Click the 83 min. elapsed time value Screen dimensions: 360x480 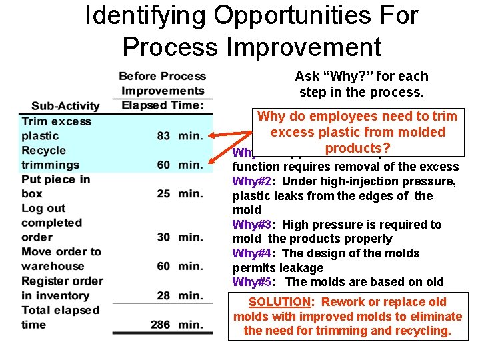(x=180, y=136)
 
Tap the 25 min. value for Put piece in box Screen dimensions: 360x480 (x=180, y=193)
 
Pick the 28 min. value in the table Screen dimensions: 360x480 (x=180, y=295)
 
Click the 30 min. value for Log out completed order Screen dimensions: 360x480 (x=180, y=237)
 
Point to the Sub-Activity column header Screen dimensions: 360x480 (x=65, y=105)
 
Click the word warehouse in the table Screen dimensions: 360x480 (x=53, y=267)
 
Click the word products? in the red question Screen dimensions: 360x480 (x=357, y=147)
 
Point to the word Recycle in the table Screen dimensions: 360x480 (x=43, y=151)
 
